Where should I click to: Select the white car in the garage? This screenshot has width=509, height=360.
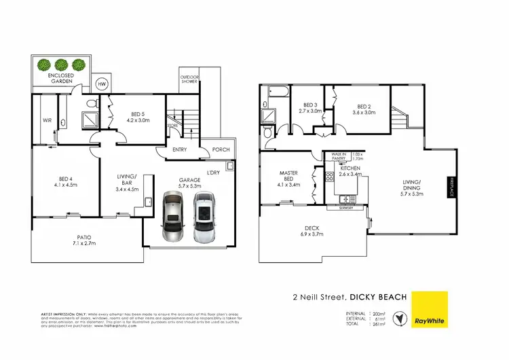(x=204, y=217)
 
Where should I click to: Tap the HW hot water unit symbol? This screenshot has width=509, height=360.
(x=102, y=84)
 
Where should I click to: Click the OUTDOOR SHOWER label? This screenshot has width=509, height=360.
(x=189, y=79)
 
